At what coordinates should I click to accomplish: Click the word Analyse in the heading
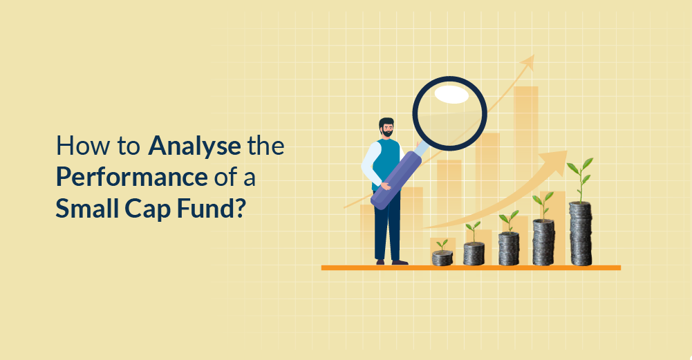(194, 147)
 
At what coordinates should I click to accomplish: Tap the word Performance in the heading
(132, 177)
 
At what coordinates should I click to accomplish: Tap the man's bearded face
(387, 131)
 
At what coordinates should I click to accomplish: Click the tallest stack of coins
(581, 234)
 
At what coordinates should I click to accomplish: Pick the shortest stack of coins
(442, 258)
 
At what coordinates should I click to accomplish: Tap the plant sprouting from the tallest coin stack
(581, 177)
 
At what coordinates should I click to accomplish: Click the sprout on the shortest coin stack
(442, 245)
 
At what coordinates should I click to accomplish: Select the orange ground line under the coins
(470, 267)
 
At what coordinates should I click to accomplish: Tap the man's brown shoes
(391, 262)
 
